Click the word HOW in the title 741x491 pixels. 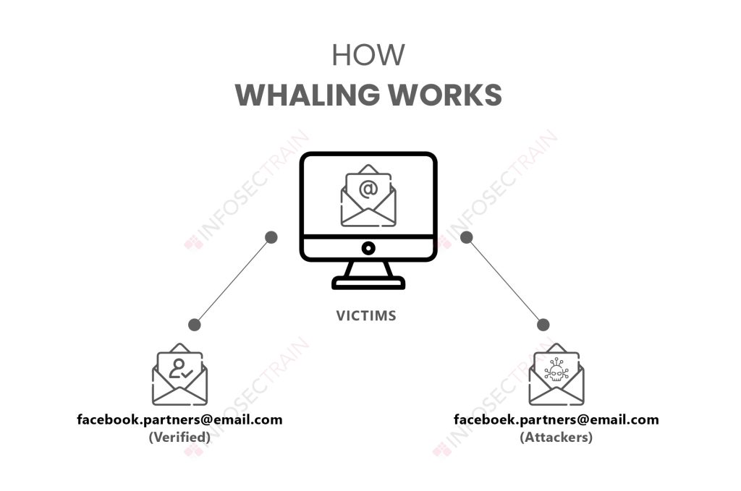[368, 56]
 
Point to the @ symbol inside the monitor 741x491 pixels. [368, 188]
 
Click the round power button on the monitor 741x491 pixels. [368, 249]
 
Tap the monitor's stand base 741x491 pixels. [368, 283]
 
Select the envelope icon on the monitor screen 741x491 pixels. [368, 197]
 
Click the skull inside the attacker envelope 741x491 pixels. [556, 372]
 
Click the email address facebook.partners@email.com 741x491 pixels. [179, 419]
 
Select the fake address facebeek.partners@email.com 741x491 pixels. [556, 419]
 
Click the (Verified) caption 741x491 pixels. [179, 437]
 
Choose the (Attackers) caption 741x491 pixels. [556, 437]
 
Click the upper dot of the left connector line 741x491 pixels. [271, 237]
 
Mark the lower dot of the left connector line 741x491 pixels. [194, 325]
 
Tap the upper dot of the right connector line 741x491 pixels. [467, 237]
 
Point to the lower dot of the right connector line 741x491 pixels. [543, 325]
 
